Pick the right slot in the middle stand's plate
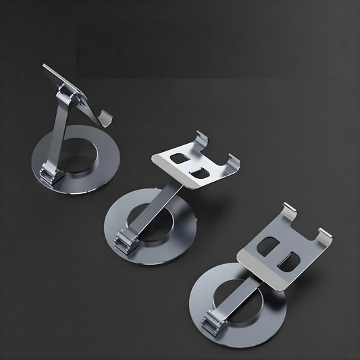199,173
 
